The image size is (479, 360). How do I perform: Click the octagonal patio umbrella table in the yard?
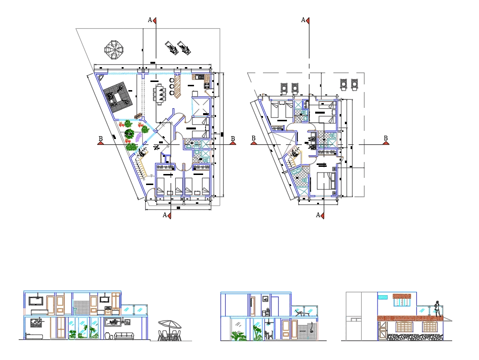click(x=114, y=50)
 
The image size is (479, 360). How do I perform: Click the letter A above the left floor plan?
click(x=150, y=20)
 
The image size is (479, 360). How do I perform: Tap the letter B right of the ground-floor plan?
click(x=233, y=139)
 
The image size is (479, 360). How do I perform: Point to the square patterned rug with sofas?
click(x=116, y=98)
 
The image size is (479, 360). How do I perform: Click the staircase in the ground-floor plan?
click(x=140, y=168)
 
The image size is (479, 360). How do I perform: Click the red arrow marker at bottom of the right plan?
click(x=323, y=216)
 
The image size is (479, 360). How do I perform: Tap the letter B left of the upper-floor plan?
click(x=253, y=139)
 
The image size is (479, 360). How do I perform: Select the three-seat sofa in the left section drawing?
click(x=125, y=336)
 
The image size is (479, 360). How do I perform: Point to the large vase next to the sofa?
click(x=108, y=335)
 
